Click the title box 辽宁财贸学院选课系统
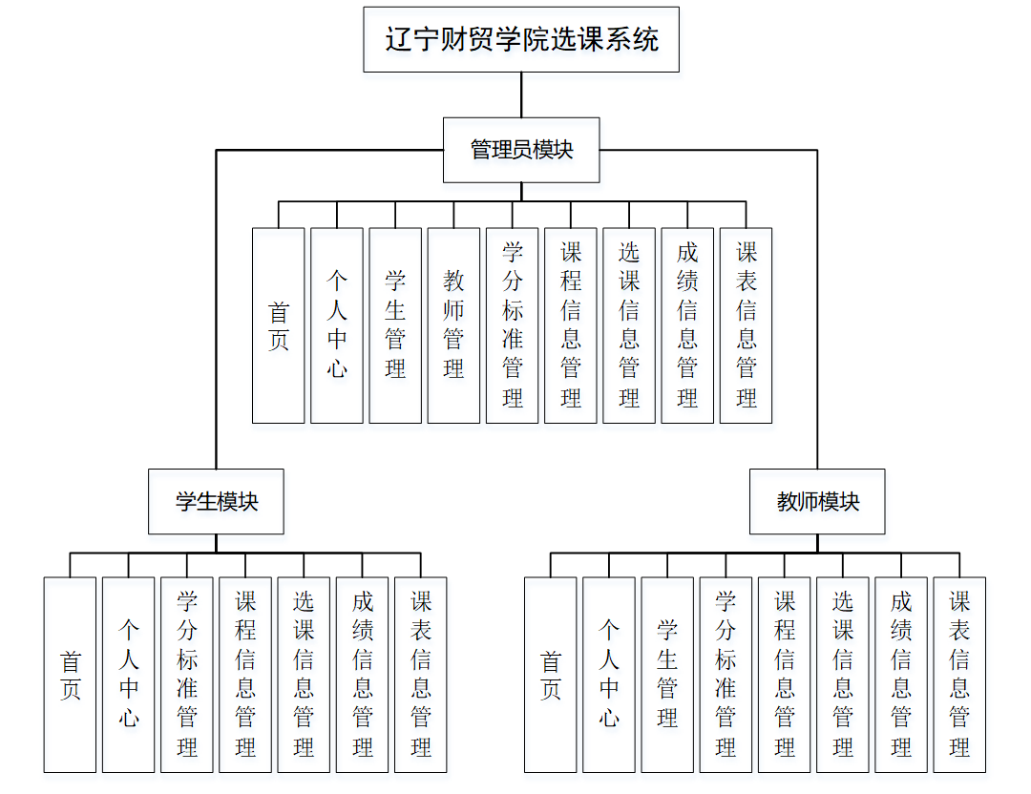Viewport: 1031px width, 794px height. click(521, 39)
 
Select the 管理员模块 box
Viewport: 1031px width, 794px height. click(521, 150)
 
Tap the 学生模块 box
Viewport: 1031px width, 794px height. click(217, 501)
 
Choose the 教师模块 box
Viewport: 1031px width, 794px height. click(817, 501)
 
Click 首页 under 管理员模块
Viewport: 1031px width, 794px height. click(279, 325)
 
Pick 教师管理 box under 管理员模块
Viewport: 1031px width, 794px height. click(453, 325)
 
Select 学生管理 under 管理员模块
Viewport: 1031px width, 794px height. click(395, 325)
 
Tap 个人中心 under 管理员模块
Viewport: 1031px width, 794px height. click(337, 325)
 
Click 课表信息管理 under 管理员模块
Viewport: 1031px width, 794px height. click(746, 325)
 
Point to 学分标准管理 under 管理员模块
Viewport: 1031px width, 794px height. click(512, 325)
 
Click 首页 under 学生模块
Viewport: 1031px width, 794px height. click(70, 675)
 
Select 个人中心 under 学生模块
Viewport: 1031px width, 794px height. click(128, 675)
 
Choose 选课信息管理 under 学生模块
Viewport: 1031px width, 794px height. click(304, 675)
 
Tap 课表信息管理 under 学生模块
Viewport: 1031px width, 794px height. click(421, 675)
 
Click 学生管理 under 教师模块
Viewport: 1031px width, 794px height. click(667, 675)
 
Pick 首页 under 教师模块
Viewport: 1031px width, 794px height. click(551, 675)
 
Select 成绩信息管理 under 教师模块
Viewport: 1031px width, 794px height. click(901, 675)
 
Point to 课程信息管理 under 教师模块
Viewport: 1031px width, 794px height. click(785, 675)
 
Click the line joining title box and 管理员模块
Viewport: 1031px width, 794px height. click(521, 94)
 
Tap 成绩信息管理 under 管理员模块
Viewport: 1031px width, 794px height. click(687, 325)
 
